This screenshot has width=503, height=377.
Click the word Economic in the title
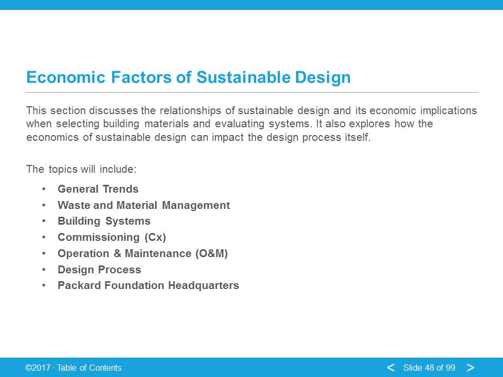[x=66, y=77]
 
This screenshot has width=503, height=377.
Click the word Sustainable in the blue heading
[x=243, y=77]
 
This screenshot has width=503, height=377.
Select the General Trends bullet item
[x=98, y=189]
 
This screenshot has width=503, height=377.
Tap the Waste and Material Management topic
[x=144, y=205]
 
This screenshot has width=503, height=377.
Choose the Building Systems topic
[x=104, y=221]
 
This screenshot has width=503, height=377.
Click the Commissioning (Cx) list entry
[x=112, y=237]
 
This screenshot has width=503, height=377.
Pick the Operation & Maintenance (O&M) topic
[x=143, y=253]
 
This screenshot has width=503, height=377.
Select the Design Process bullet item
[x=99, y=270]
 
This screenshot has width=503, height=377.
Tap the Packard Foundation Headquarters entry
[x=148, y=285]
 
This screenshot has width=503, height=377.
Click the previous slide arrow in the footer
[x=390, y=368]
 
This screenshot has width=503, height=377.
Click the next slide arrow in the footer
[x=471, y=368]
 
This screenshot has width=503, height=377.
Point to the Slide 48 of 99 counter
[x=429, y=368]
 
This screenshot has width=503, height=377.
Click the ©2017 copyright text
[x=38, y=368]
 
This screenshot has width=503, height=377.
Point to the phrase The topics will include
[x=81, y=169]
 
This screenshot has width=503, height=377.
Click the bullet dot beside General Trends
[x=43, y=189]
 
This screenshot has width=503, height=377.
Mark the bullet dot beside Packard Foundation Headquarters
[x=43, y=285]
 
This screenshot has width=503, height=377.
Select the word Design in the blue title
[x=323, y=77]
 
